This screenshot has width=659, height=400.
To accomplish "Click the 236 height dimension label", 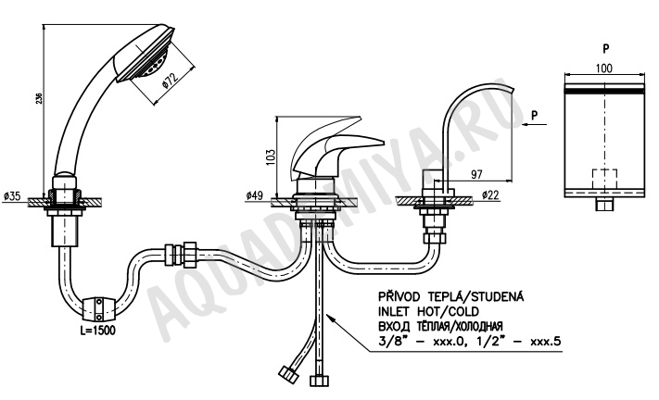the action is pyautogui.click(x=39, y=98).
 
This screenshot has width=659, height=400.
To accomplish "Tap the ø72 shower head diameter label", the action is pyautogui.click(x=171, y=81).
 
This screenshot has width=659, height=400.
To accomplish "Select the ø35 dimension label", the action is pyautogui.click(x=12, y=195).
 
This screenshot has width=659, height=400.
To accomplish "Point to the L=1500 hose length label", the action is pyautogui.click(x=97, y=330).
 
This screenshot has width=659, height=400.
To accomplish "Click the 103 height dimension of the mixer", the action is pyautogui.click(x=271, y=157).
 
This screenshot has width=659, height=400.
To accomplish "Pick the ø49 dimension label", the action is pyautogui.click(x=254, y=195).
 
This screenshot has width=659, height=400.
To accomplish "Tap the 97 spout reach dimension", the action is pyautogui.click(x=476, y=174).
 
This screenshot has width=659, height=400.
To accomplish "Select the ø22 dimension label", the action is pyautogui.click(x=490, y=194).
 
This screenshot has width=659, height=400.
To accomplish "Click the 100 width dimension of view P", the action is pyautogui.click(x=604, y=68).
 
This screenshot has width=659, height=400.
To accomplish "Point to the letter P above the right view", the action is pyautogui.click(x=605, y=49).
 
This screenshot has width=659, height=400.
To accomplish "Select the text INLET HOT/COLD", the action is pyautogui.click(x=429, y=311).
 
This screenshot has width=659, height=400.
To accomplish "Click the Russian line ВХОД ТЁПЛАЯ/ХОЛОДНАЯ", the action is pyautogui.click(x=441, y=326).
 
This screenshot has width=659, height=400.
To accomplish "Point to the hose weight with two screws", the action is pyautogui.click(x=98, y=308).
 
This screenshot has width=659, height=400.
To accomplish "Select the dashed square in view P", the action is pyautogui.click(x=605, y=180).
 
